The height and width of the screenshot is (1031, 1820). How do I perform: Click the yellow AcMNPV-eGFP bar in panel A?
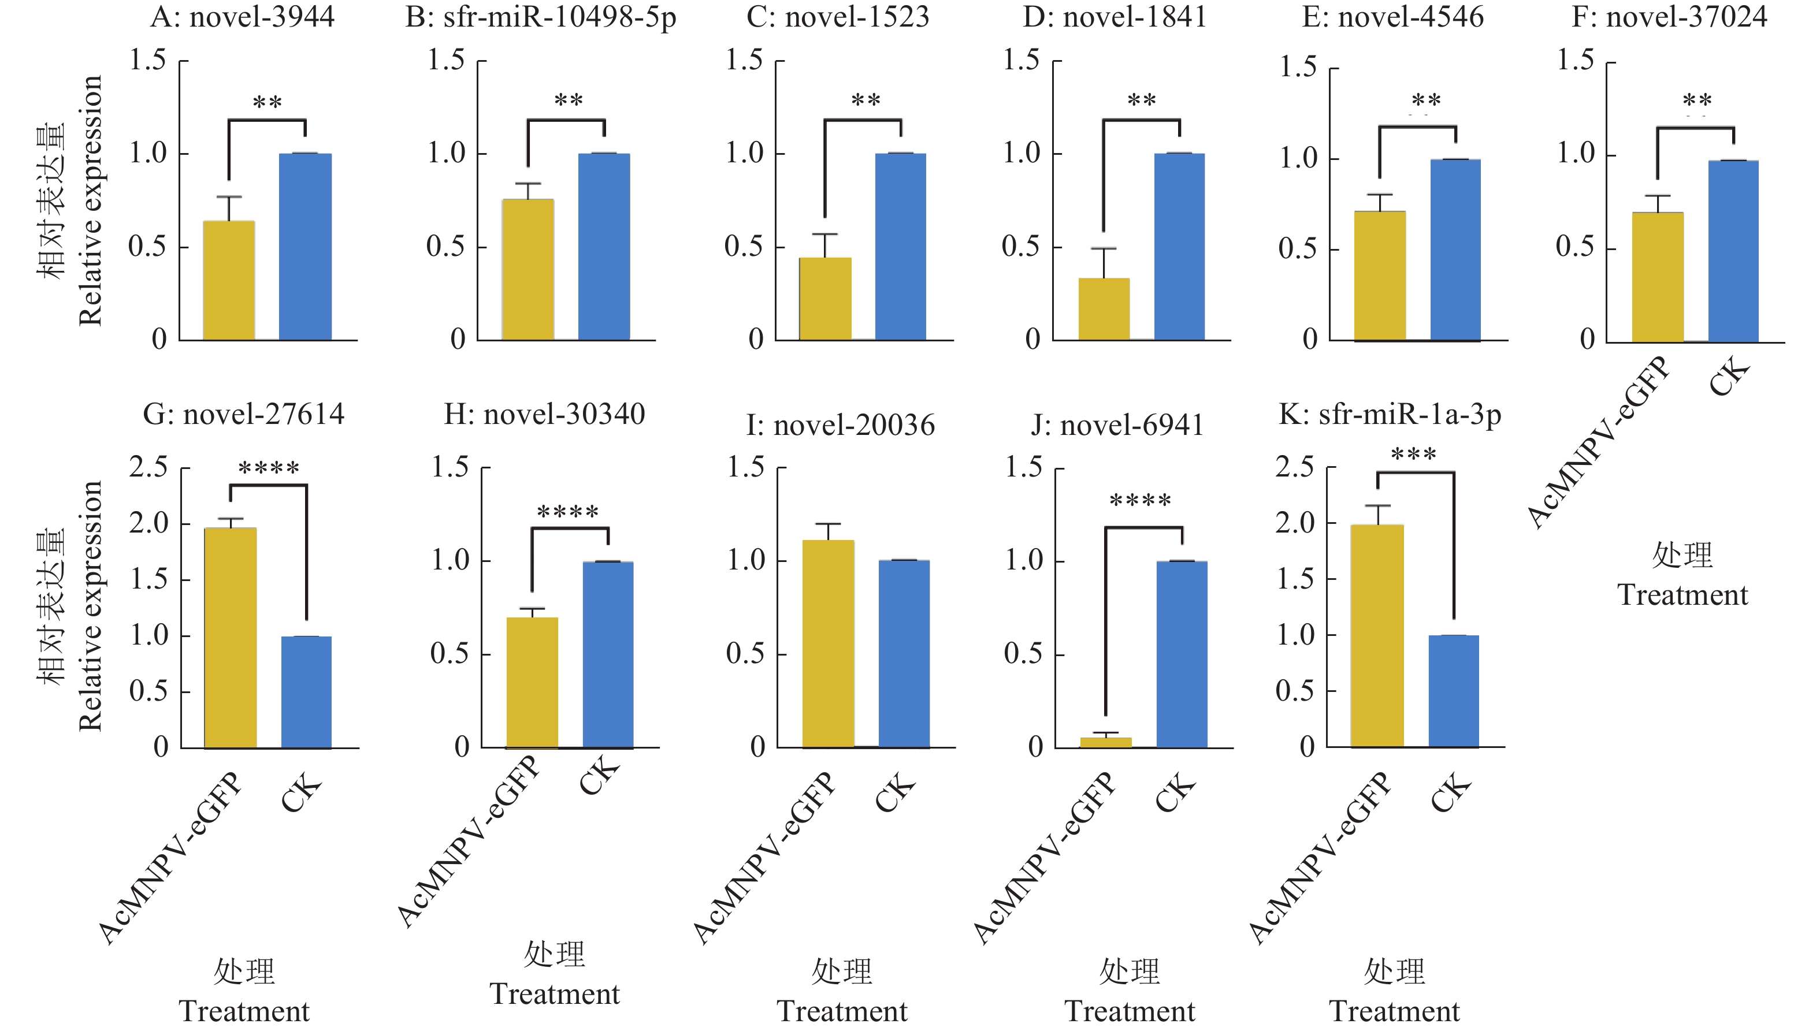pyautogui.click(x=229, y=280)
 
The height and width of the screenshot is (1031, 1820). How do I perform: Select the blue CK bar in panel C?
pyautogui.click(x=900, y=247)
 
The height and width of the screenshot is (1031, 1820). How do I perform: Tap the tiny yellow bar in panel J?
pyautogui.click(x=1105, y=742)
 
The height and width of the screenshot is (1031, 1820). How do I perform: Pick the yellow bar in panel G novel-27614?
pyautogui.click(x=230, y=637)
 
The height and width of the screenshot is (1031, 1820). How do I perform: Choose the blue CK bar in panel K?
pyautogui.click(x=1453, y=691)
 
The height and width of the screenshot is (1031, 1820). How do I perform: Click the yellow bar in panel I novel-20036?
pyautogui.click(x=828, y=643)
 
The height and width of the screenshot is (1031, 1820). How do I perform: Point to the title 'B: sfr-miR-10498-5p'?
pyautogui.click(x=540, y=17)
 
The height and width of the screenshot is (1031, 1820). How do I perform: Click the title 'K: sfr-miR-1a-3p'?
pyautogui.click(x=1390, y=415)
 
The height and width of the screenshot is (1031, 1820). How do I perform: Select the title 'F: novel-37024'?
pyautogui.click(x=1669, y=17)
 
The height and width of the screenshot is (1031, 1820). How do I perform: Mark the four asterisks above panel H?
pyautogui.click(x=568, y=511)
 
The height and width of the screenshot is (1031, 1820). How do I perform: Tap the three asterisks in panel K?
pyautogui.click(x=1413, y=455)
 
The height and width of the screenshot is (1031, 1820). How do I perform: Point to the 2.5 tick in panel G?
pyautogui.click(x=148, y=467)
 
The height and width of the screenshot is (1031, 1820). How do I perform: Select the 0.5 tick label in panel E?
pyautogui.click(x=1297, y=250)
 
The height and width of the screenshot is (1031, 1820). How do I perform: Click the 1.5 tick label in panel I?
pyautogui.click(x=746, y=467)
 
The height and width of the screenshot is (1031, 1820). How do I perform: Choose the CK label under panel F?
pyautogui.click(x=1729, y=377)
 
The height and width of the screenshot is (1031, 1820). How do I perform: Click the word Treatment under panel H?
pyautogui.click(x=555, y=994)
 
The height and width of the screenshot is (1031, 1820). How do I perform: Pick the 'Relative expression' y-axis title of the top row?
pyautogui.click(x=91, y=200)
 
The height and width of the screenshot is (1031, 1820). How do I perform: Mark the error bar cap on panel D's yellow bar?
pyautogui.click(x=1104, y=248)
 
